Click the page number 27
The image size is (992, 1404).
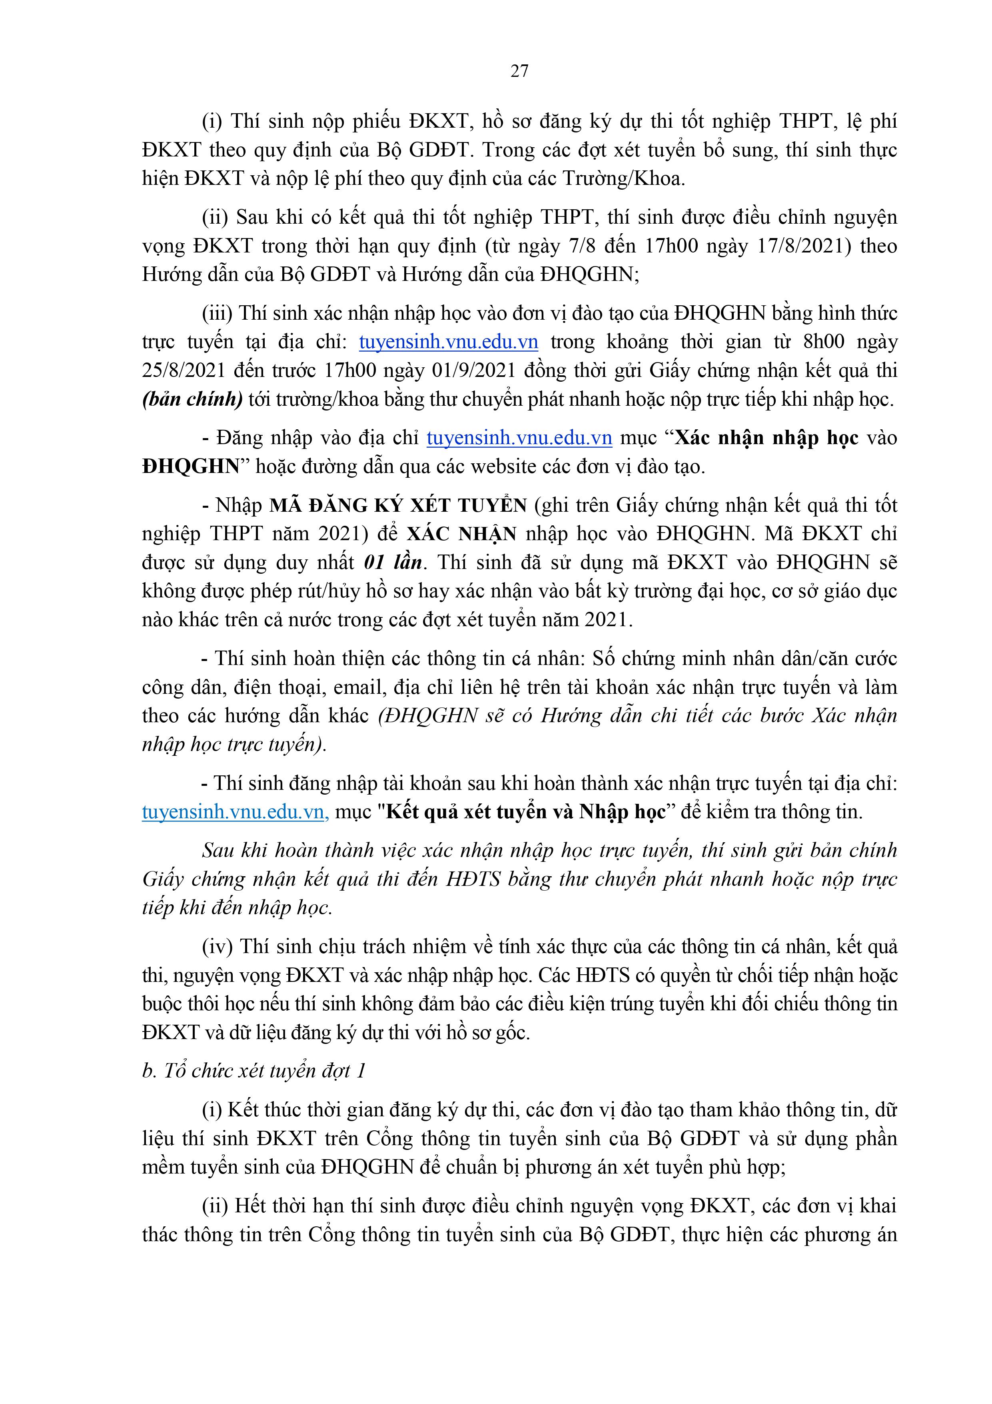pyautogui.click(x=519, y=72)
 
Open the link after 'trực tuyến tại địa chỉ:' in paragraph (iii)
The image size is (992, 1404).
pyautogui.click(x=449, y=342)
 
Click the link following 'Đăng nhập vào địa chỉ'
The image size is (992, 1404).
pyautogui.click(x=519, y=438)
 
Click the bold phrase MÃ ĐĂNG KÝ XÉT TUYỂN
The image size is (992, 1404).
pyautogui.click(x=398, y=505)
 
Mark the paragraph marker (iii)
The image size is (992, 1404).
pyautogui.click(x=218, y=313)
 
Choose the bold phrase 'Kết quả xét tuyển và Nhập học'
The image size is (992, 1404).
pyautogui.click(x=526, y=812)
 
